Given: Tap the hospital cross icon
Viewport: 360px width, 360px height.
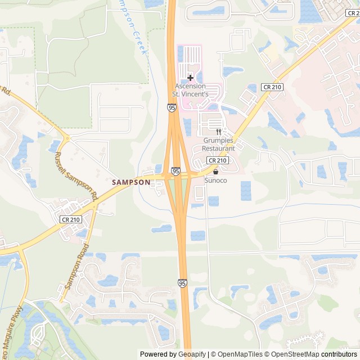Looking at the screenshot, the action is click(x=190, y=77).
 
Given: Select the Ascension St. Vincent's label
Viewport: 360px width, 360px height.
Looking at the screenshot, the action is click(x=191, y=90).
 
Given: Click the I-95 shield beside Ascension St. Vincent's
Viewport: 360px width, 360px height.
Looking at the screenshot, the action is click(x=171, y=107).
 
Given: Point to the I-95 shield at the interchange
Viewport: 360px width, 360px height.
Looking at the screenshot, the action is click(x=176, y=170).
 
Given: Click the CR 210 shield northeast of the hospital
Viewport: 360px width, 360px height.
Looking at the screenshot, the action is click(x=272, y=87).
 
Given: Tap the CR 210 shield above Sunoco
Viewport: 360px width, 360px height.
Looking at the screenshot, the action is click(x=217, y=161).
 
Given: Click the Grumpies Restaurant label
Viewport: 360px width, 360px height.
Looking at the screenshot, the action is click(x=218, y=145).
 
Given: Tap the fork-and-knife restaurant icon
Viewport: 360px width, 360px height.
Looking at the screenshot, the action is click(x=218, y=132).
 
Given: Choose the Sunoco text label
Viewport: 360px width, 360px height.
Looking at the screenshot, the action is click(x=215, y=181).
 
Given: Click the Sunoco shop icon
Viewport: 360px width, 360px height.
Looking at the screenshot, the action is click(x=215, y=172).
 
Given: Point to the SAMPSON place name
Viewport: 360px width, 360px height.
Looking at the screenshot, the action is click(x=131, y=182).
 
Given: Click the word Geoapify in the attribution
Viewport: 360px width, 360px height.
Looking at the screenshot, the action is click(x=192, y=354).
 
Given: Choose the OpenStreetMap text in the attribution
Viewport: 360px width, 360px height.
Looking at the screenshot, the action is click(x=291, y=354).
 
